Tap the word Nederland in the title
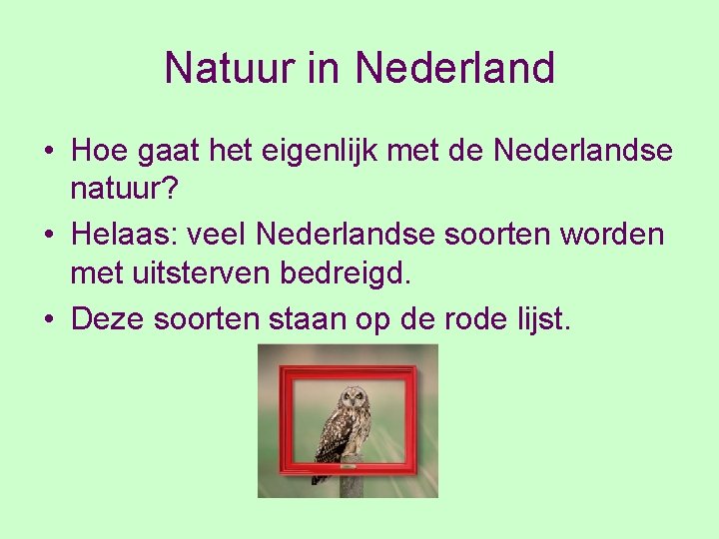click(x=454, y=69)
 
